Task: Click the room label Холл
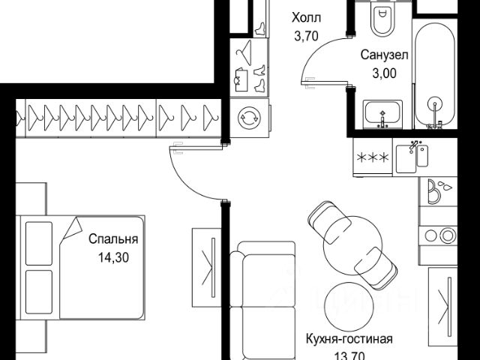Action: (307, 18)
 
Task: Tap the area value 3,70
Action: (306, 37)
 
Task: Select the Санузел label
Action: (385, 55)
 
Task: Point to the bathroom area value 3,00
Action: (385, 73)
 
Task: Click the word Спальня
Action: (113, 239)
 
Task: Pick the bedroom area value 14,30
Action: (113, 258)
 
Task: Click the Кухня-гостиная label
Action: (349, 339)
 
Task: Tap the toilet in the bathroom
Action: (382, 18)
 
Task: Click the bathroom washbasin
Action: (382, 113)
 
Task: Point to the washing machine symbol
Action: (249, 118)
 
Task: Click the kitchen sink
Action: (412, 158)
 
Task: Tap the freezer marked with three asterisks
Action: (373, 157)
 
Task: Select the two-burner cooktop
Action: (438, 235)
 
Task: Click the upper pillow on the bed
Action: (39, 243)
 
